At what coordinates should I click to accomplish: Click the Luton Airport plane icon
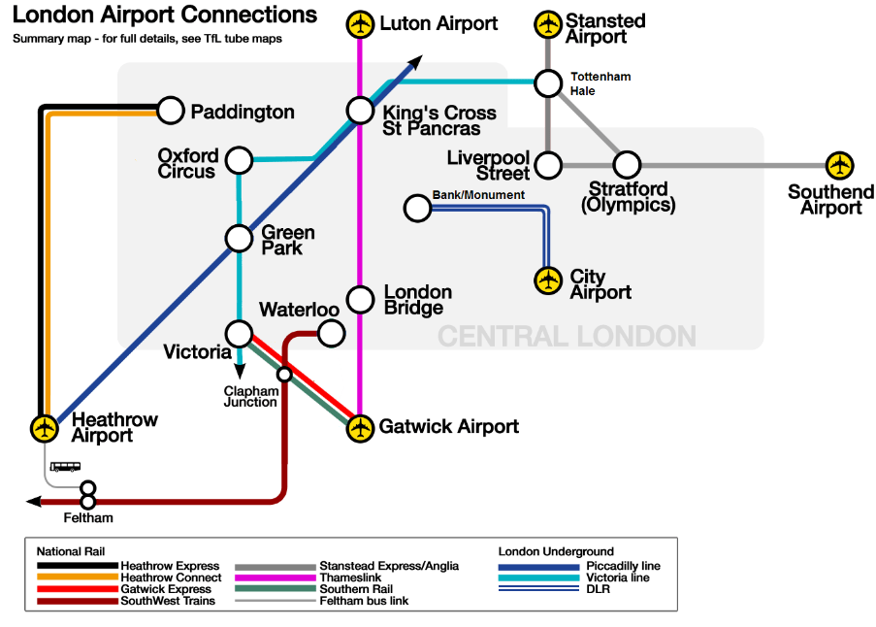point(361,24)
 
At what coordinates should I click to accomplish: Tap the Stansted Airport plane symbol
point(549,24)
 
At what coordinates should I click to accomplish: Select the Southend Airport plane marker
point(839,165)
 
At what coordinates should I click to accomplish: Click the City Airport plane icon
point(549,280)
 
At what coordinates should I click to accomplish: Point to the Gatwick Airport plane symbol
point(361,426)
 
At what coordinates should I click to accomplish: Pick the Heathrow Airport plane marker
point(44,426)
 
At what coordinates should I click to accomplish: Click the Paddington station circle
point(171,111)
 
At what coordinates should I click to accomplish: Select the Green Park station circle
point(239,237)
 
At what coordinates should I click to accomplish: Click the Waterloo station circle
point(332,333)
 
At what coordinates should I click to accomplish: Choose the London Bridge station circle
point(361,297)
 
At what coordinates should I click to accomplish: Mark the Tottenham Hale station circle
point(549,82)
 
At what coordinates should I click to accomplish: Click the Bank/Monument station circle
point(417,208)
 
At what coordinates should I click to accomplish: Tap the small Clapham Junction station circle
point(284,374)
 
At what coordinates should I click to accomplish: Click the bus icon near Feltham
point(65,467)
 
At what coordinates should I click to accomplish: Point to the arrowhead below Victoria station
point(239,368)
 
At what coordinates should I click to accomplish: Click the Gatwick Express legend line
point(78,589)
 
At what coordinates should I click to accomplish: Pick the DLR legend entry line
point(539,589)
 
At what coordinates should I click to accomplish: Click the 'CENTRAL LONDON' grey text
point(567,337)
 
